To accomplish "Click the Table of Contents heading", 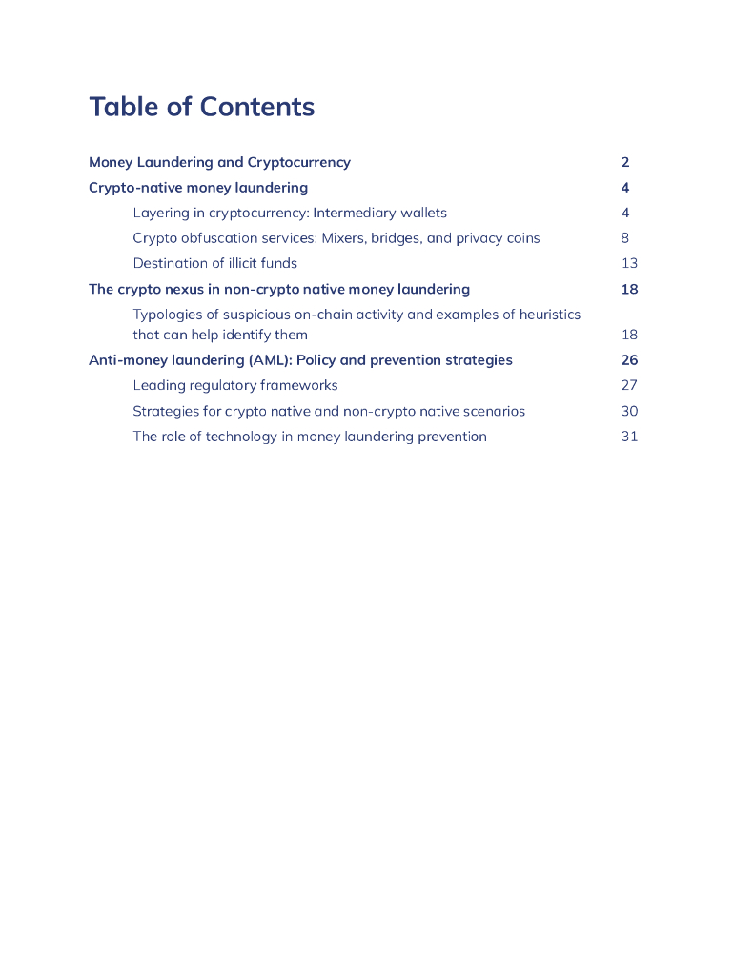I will coord(201,107).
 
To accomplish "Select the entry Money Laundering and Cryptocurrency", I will coord(219,162).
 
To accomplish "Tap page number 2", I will coord(625,162).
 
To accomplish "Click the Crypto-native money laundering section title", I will coord(198,188).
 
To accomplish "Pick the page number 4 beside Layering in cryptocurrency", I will coord(625,213).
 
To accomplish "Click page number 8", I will coord(625,238).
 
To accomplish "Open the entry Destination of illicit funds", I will coord(214,263).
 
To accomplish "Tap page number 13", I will coord(629,263).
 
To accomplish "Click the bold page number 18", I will coord(629,289).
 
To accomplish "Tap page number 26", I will coord(629,360).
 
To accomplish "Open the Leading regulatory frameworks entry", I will coord(235,385).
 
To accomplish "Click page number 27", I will coord(629,385).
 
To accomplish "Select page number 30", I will coord(629,411).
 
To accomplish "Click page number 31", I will coord(629,437).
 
